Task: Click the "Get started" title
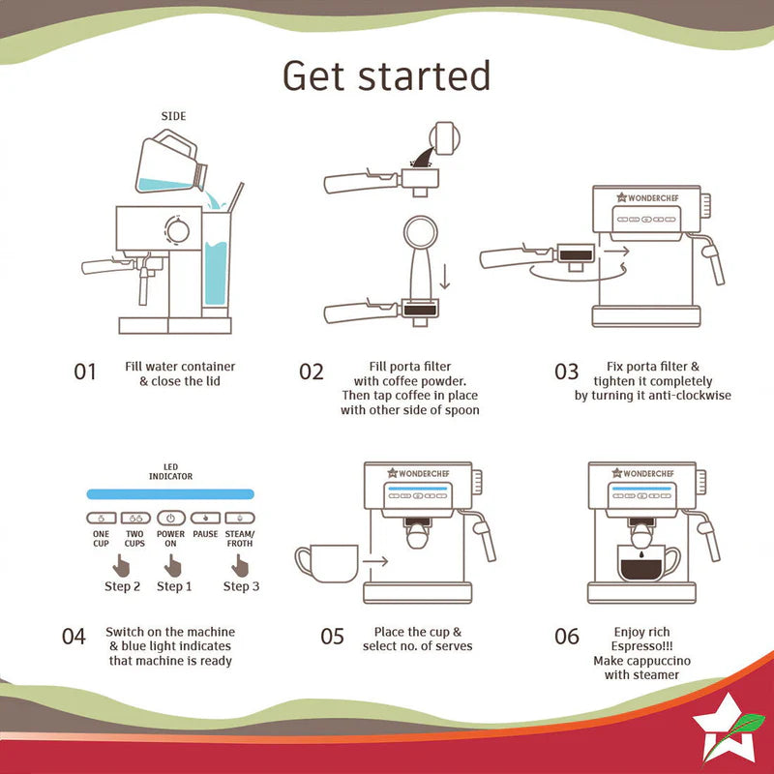[386, 76]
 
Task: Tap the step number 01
[85, 372]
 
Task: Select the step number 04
[74, 637]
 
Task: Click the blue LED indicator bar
[170, 494]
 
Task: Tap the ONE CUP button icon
[102, 518]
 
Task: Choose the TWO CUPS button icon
[135, 518]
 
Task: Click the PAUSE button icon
[205, 518]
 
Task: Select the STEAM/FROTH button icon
[240, 518]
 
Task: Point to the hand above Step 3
[240, 566]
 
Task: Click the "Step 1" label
[174, 586]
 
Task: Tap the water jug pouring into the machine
[171, 162]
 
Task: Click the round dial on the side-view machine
[177, 230]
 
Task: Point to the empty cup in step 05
[327, 563]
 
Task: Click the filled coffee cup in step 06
[648, 563]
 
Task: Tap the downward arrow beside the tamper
[445, 277]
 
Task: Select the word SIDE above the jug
[173, 116]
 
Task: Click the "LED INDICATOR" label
[171, 471]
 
